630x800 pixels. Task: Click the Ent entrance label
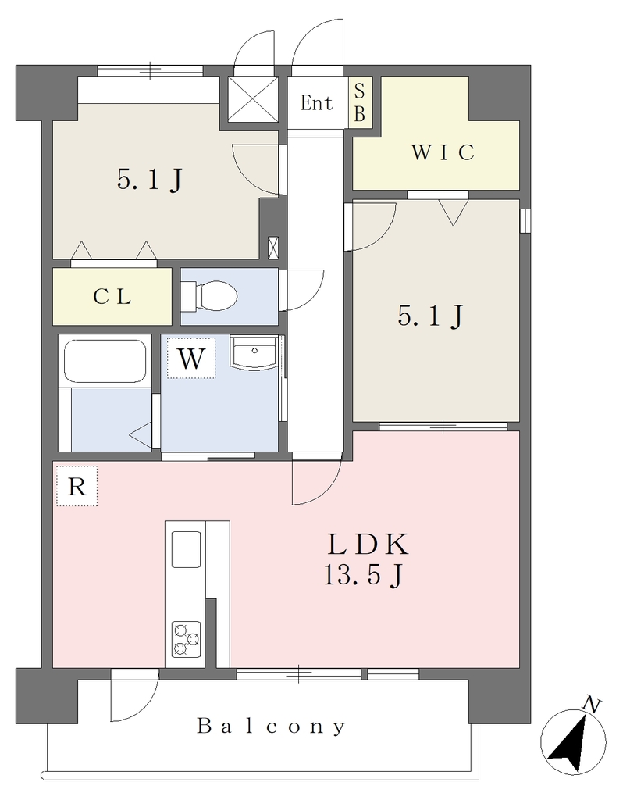pyautogui.click(x=316, y=103)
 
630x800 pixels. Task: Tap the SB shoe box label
pyautogui.click(x=359, y=103)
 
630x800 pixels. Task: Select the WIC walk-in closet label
pyautogui.click(x=443, y=152)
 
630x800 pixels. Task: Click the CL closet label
pyautogui.click(x=112, y=296)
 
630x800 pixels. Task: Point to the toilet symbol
pyautogui.click(x=209, y=296)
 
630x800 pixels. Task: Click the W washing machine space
pyautogui.click(x=191, y=358)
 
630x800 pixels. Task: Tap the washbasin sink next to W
pyautogui.click(x=253, y=352)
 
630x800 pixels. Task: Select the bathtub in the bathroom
pyautogui.click(x=105, y=361)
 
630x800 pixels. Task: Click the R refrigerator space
pyautogui.click(x=77, y=486)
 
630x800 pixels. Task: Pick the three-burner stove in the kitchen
pyautogui.click(x=186, y=638)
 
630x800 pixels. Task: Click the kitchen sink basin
pyautogui.click(x=186, y=549)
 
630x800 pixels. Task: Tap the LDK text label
pyautogui.click(x=368, y=545)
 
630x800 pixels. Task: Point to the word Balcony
pyautogui.click(x=272, y=727)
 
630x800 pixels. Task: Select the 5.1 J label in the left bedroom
pyautogui.click(x=150, y=180)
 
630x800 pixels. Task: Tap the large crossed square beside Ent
pyautogui.click(x=253, y=99)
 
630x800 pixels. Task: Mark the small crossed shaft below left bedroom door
pyautogui.click(x=273, y=248)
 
